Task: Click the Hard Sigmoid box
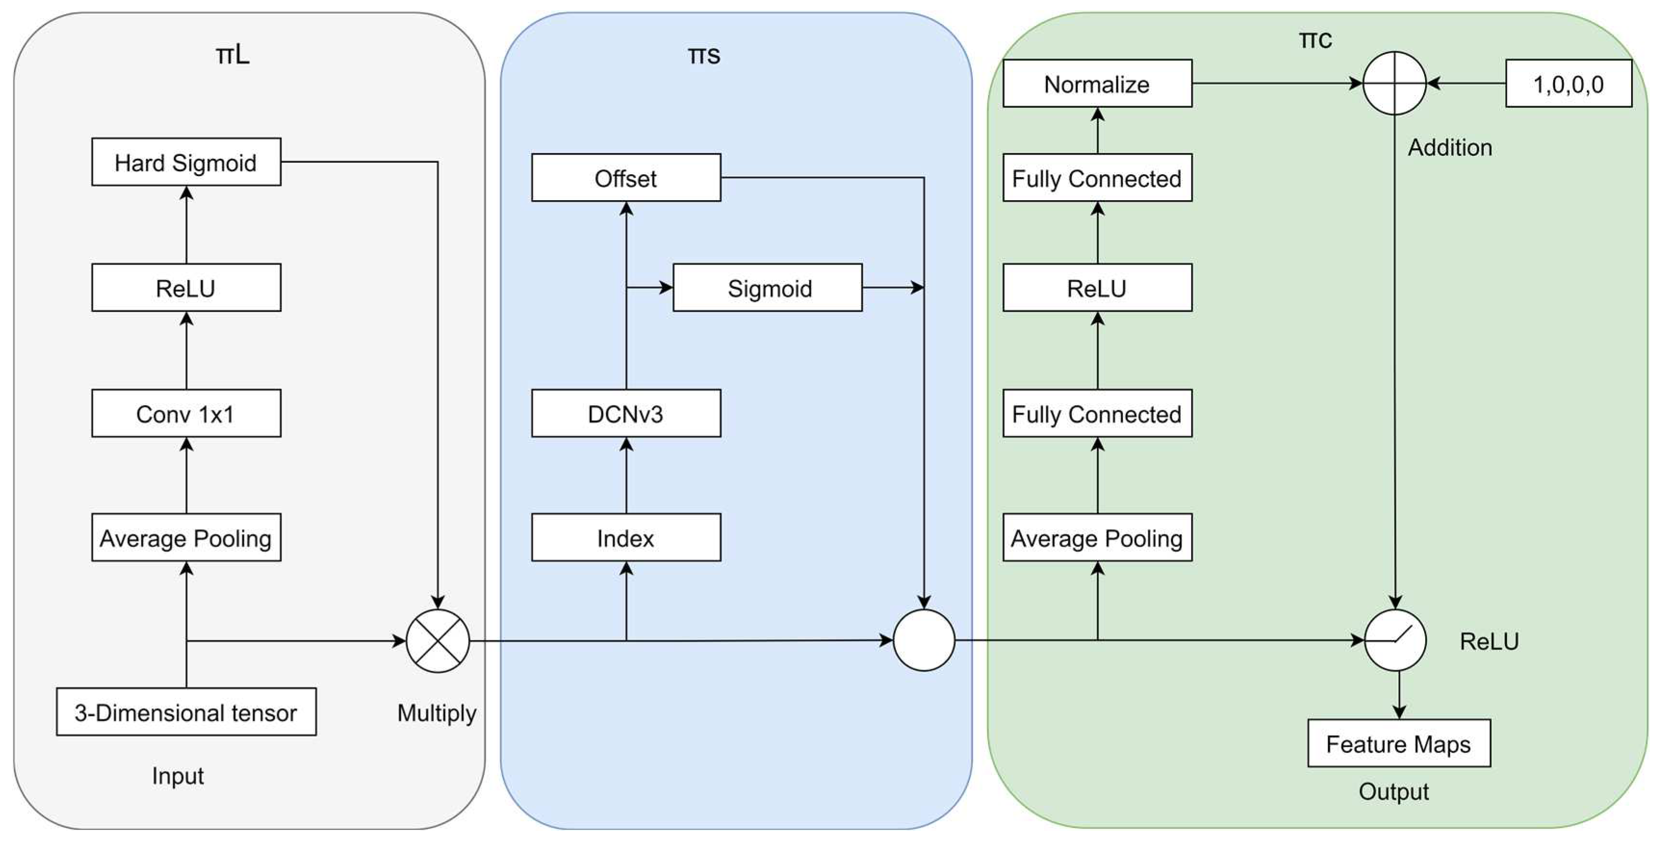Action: coord(186,162)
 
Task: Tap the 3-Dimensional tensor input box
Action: coord(186,712)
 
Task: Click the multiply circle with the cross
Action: coord(438,640)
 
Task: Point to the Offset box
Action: coord(626,178)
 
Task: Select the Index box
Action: coord(626,537)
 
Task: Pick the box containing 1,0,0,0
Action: coord(1568,84)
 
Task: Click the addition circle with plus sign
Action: coord(1394,83)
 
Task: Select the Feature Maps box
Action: coord(1399,743)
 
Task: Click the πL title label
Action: coord(232,55)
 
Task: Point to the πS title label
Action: coord(704,55)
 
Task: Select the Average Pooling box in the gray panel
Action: coord(186,537)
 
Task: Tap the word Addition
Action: coord(1450,148)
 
